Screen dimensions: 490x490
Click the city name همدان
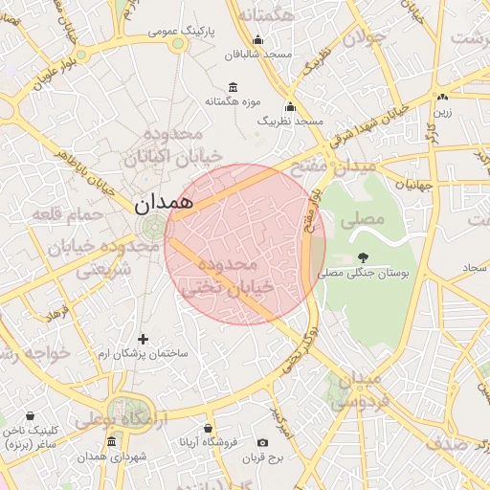pos(163,202)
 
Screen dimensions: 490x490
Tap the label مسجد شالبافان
pos(257,56)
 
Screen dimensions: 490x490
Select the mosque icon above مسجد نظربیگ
pos(290,106)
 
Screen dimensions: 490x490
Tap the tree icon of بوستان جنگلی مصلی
pos(363,256)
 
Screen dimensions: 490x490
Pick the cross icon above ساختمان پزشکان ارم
pos(144,339)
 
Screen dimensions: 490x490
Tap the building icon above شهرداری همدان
pos(112,442)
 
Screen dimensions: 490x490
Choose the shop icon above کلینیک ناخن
pos(32,417)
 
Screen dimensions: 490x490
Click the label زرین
pos(442,112)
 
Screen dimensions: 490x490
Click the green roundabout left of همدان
pos(152,228)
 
